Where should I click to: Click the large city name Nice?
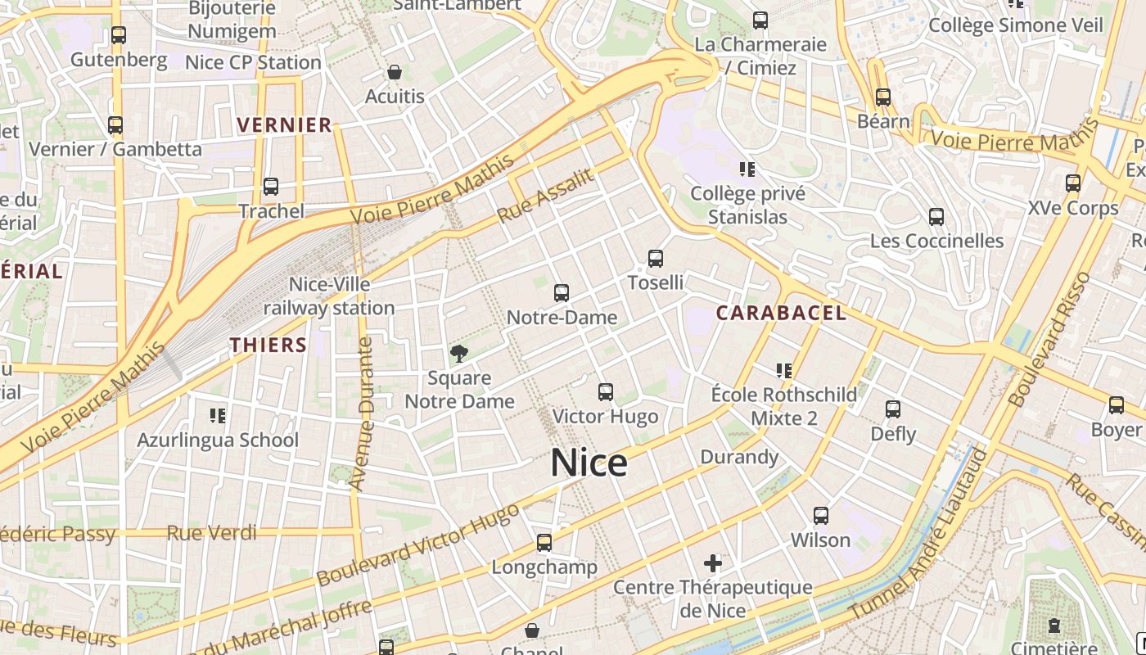(x=589, y=463)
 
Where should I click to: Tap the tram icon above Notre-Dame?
(x=562, y=293)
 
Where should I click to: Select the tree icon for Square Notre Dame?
(x=459, y=354)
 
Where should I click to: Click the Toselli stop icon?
(x=656, y=259)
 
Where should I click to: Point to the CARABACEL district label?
(x=781, y=313)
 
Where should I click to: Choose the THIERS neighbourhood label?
(x=268, y=345)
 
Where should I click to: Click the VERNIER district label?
(x=284, y=125)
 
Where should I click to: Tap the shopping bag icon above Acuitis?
(x=395, y=73)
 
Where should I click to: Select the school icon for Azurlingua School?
(x=218, y=416)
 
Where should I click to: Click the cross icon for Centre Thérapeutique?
(x=713, y=563)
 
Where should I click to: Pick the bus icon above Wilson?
(x=821, y=516)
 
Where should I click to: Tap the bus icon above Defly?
(x=893, y=409)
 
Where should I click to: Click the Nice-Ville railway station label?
(x=329, y=296)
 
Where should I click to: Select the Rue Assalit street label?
(x=545, y=196)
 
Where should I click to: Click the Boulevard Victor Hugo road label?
(x=417, y=544)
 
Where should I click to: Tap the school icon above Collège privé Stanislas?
(x=747, y=169)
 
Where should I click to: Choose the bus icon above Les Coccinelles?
(x=936, y=217)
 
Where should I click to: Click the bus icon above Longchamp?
(x=544, y=542)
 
